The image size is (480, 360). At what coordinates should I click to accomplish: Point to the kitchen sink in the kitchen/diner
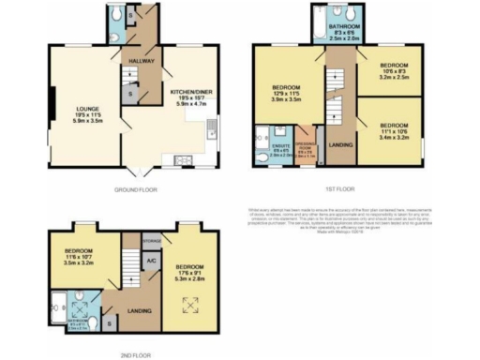pos(214,130)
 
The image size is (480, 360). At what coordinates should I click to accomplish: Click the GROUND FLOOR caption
pos(137,189)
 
